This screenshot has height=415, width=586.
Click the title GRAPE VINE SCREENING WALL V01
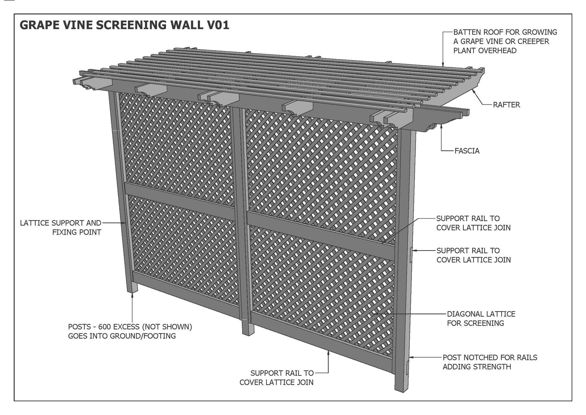coord(124,25)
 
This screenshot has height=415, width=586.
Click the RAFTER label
coord(506,105)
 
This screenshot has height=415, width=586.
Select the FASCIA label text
coord(467,151)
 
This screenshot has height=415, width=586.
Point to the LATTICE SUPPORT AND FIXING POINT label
coord(61,228)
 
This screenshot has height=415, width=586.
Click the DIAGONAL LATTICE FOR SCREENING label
coord(481,319)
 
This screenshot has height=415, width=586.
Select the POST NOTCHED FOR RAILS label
coord(490,362)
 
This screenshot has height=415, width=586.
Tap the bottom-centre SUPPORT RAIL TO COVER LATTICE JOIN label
coord(276,378)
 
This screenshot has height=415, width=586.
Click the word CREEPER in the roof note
coord(534,42)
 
